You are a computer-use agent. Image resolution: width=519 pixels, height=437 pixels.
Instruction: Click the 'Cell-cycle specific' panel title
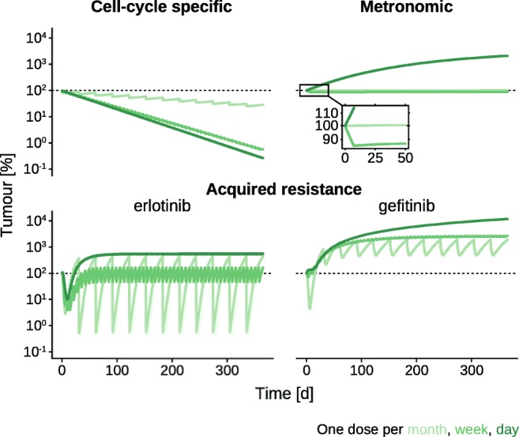tap(161, 9)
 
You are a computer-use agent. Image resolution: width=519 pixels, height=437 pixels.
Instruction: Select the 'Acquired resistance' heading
tap(284, 189)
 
